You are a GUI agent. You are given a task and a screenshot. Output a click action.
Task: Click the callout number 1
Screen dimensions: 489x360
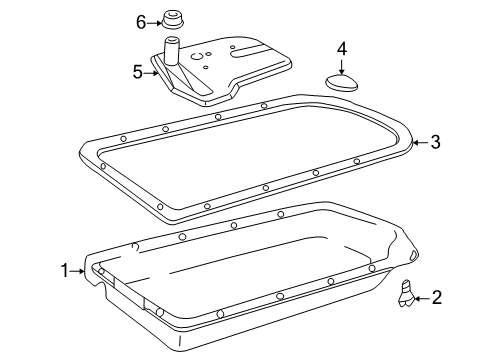(65, 271)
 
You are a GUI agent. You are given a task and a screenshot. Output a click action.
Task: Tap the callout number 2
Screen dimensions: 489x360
(436, 297)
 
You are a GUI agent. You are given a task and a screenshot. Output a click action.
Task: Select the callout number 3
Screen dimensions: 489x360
(435, 142)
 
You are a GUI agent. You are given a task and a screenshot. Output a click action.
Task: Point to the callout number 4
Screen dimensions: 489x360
(342, 49)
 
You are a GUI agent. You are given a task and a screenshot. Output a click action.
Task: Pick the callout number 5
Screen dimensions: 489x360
(138, 72)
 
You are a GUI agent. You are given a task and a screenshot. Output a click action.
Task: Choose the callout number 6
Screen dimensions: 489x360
(141, 23)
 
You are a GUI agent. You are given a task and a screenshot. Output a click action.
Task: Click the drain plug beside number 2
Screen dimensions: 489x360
(406, 292)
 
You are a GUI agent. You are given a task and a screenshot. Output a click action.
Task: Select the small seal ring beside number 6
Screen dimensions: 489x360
(174, 20)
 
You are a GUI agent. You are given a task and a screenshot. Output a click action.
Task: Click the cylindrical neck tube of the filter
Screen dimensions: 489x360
(172, 51)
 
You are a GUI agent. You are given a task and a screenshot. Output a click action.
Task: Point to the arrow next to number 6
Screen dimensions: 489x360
(154, 23)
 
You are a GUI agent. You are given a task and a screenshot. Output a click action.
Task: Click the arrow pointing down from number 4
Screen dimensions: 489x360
(341, 66)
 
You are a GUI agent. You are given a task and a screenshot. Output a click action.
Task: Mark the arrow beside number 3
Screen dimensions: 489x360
(420, 142)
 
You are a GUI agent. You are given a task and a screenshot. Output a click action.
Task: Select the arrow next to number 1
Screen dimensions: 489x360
(77, 271)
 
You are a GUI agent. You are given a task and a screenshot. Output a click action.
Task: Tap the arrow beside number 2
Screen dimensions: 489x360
(421, 298)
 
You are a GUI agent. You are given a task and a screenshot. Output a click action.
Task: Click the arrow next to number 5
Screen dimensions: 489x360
(151, 73)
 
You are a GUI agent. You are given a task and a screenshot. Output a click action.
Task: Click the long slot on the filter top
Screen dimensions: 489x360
(247, 49)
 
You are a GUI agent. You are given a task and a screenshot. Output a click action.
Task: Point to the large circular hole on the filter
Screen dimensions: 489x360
(197, 56)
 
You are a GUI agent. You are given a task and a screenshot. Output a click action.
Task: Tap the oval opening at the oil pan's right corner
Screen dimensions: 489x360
(413, 256)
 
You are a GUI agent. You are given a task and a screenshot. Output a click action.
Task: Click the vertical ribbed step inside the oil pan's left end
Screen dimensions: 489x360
(128, 292)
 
